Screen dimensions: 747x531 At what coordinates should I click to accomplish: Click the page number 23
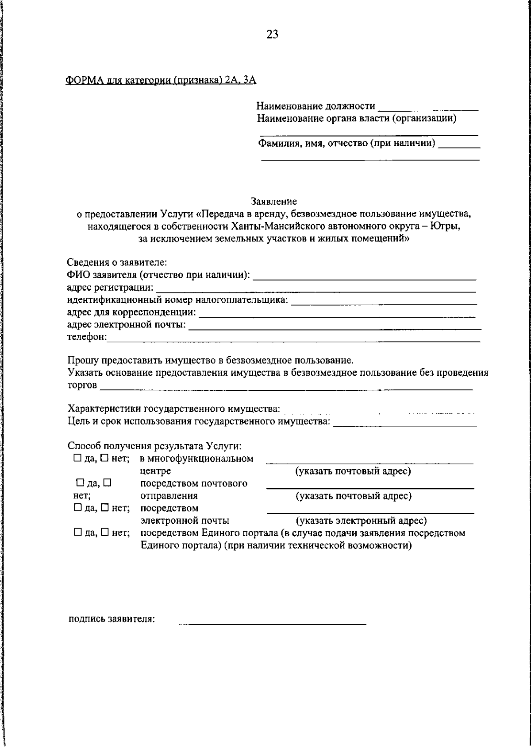272,35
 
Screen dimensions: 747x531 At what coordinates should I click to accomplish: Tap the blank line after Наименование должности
429,108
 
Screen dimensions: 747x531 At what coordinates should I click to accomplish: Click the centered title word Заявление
274,202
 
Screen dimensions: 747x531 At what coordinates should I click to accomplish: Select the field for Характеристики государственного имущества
379,411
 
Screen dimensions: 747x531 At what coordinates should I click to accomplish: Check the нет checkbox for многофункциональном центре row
104,459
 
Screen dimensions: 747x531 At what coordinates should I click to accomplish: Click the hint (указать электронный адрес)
361,521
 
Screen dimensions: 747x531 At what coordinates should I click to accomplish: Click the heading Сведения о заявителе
116,263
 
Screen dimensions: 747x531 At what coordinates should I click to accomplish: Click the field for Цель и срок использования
405,423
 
